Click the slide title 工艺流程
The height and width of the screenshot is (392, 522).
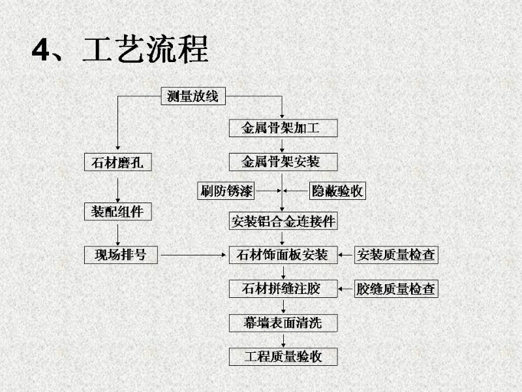pos(145,50)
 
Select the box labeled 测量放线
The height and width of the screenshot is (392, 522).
pos(193,97)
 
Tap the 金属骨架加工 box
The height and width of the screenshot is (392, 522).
pos(283,128)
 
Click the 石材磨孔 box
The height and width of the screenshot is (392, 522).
pos(117,161)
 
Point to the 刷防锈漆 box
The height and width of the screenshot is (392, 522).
pos(226,191)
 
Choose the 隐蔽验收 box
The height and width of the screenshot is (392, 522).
pos(336,191)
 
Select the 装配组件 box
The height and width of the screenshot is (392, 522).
pos(117,212)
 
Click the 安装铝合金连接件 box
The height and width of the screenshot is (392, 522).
pos(283,221)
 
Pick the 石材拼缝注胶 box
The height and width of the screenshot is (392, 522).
pos(283,288)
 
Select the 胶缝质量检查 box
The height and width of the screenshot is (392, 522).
pos(395,288)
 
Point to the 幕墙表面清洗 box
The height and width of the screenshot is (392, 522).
pos(283,322)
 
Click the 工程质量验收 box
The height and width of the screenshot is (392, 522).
pos(283,356)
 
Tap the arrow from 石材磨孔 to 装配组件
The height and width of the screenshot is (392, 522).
pos(117,187)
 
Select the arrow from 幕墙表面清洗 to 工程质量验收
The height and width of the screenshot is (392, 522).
pos(283,339)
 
